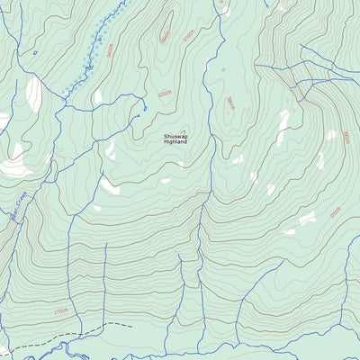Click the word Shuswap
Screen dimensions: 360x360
(176, 136)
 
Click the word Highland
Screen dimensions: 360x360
(176, 142)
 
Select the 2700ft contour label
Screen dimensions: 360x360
(59, 311)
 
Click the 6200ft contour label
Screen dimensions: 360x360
(164, 94)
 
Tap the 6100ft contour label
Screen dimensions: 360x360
(187, 40)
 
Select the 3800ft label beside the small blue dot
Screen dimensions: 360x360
(230, 103)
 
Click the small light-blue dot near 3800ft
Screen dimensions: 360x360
(223, 68)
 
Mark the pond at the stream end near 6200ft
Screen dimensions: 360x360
(145, 110)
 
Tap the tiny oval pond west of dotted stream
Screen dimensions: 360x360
(35, 52)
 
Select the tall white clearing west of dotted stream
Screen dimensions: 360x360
(33, 93)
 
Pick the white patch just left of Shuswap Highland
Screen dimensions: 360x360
(110, 149)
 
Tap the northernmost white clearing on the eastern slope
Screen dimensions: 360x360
(284, 121)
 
